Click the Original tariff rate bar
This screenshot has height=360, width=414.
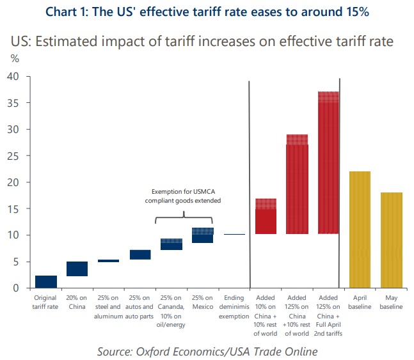click(x=45, y=281)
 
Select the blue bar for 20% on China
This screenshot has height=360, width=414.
click(x=77, y=269)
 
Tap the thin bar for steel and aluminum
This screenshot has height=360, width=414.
click(x=108, y=261)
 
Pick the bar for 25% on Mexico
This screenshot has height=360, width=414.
click(x=203, y=235)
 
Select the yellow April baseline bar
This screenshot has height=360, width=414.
click(x=360, y=230)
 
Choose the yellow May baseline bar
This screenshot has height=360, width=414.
click(x=391, y=240)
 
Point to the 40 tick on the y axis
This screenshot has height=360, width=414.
click(x=13, y=77)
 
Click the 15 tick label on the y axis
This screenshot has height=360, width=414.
click(x=13, y=209)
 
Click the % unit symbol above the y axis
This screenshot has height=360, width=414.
click(x=14, y=58)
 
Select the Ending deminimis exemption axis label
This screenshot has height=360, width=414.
click(x=234, y=307)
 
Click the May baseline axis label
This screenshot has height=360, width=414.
click(x=391, y=302)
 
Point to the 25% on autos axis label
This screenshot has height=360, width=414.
click(x=139, y=307)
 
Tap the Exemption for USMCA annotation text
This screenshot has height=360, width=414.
click(x=186, y=196)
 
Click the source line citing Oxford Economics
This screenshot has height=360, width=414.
click(x=207, y=351)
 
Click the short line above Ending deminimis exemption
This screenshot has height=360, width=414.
click(x=234, y=235)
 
